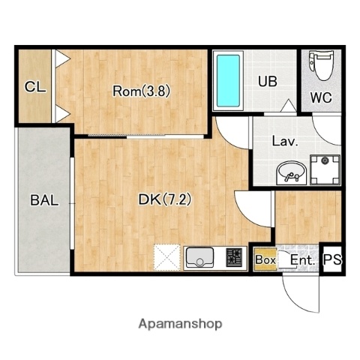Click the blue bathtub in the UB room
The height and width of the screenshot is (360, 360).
pos(228,81)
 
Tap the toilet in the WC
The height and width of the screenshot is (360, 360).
pos(322,65)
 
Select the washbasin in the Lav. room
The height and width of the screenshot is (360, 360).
pos(292,173)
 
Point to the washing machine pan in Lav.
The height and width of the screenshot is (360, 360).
pos(325,169)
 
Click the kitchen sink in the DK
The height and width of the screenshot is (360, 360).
pos(199,257)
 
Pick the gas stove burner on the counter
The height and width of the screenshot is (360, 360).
pos(234,257)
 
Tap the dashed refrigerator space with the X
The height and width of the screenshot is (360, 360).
pos(166,257)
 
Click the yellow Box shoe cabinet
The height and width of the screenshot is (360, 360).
pos(265,259)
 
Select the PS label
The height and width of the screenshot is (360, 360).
pos(332,259)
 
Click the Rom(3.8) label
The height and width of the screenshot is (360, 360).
pos(141,91)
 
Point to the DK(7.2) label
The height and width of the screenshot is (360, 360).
pos(165,199)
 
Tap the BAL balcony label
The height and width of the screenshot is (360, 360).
pos(44,200)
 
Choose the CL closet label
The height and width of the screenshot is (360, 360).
pos(35,87)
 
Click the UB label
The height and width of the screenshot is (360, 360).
pos(268,81)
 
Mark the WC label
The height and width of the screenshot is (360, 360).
pos(321,97)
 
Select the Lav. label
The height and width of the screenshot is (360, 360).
pos(285,141)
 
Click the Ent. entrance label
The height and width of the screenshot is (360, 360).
pos(302,260)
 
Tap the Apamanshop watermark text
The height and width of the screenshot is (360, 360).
pos(180,324)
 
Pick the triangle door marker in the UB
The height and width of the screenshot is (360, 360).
pos(289,106)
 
